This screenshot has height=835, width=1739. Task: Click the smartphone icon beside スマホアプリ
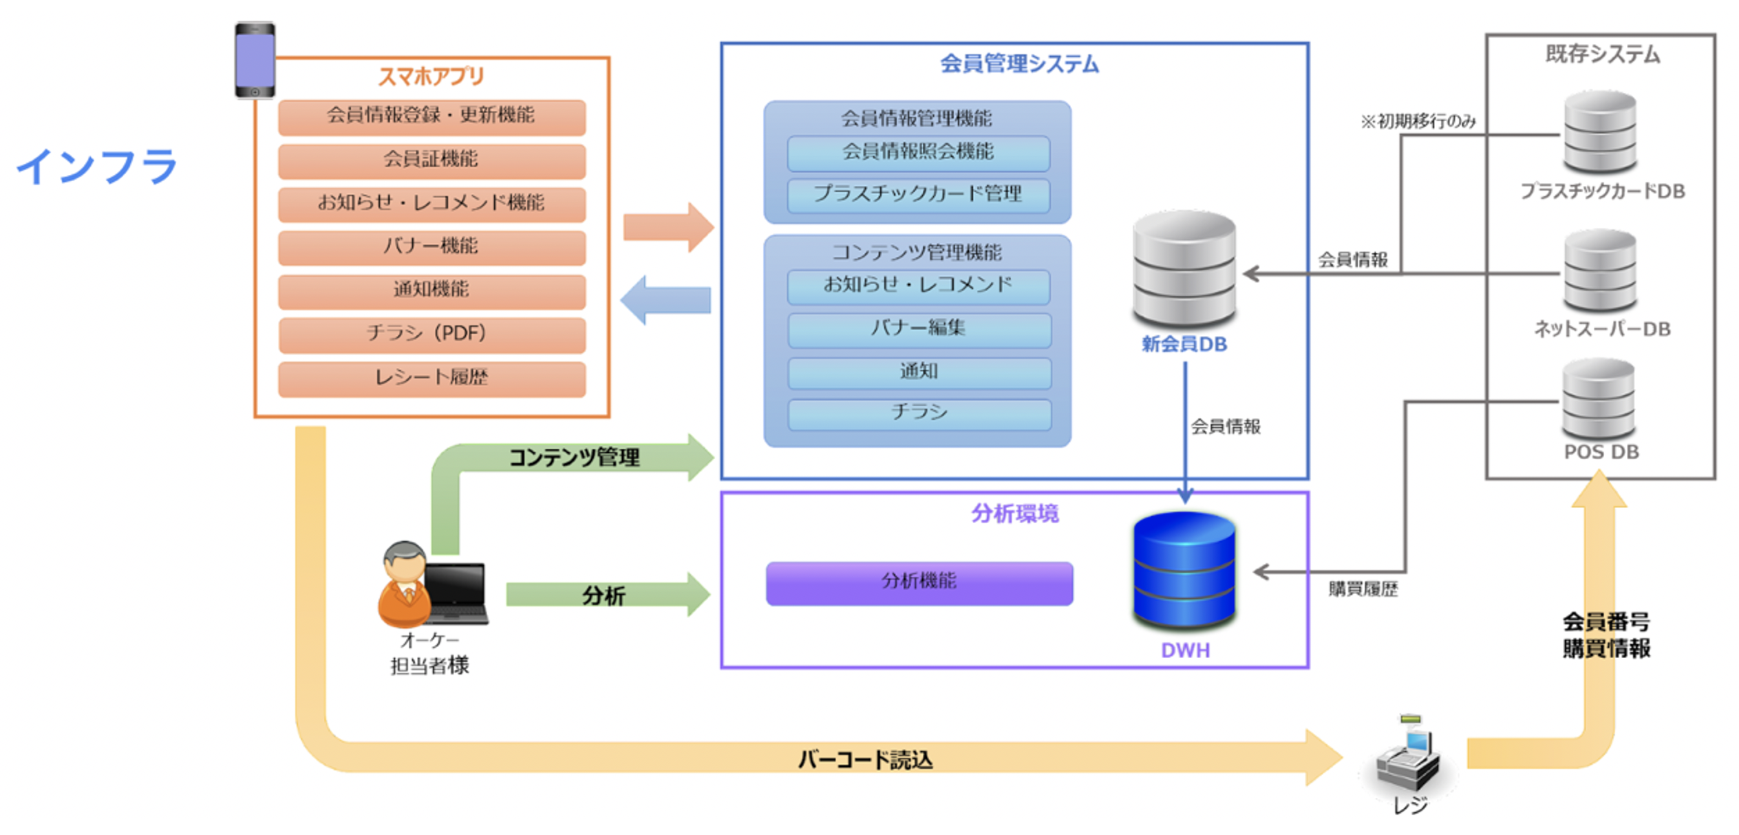tap(255, 61)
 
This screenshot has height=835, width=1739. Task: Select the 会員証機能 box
tap(431, 160)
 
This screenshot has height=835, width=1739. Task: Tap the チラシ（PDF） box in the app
tap(431, 334)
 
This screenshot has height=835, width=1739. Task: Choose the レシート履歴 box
tap(431, 378)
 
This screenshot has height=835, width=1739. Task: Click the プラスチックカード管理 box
tap(918, 194)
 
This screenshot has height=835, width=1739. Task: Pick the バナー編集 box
tap(919, 329)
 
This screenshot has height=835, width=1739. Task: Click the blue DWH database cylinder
tap(1184, 571)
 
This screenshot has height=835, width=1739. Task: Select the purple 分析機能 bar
tap(919, 582)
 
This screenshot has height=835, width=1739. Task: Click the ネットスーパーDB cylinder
tap(1599, 271)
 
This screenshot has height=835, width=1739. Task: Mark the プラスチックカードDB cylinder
tap(1599, 132)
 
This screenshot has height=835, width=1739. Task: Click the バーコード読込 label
tap(865, 760)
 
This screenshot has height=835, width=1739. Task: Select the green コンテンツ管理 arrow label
tap(574, 458)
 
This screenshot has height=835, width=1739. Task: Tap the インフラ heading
tap(97, 167)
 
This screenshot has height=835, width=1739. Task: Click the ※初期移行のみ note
tap(1418, 122)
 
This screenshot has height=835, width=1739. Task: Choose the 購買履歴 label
tap(1363, 589)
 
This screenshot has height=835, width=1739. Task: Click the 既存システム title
tap(1602, 54)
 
